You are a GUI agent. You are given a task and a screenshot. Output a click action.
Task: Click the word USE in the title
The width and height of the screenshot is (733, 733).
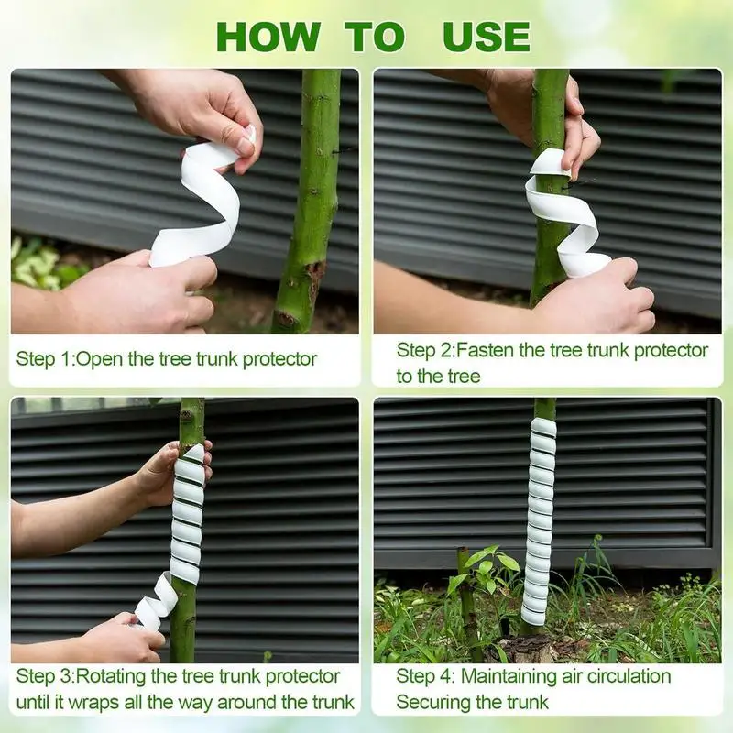coord(487,37)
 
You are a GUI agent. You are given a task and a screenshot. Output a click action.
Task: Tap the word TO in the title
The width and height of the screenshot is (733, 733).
coord(375,37)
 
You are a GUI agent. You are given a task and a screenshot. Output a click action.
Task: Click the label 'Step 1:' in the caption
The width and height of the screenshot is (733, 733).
coord(45,358)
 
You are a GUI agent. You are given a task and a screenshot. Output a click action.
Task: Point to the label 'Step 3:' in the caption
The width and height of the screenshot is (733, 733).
coord(45,677)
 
